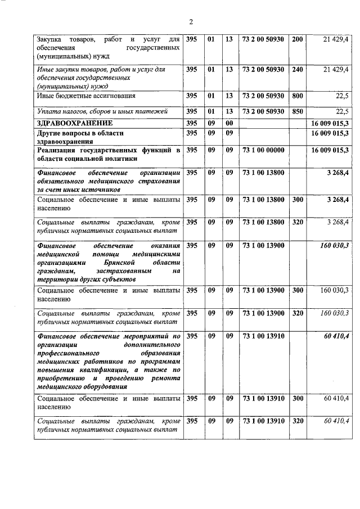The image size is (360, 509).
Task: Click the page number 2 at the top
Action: [191, 22]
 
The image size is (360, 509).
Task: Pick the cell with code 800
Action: [298, 96]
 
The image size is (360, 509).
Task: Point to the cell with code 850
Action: [298, 111]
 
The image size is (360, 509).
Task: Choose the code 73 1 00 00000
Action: [264, 150]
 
